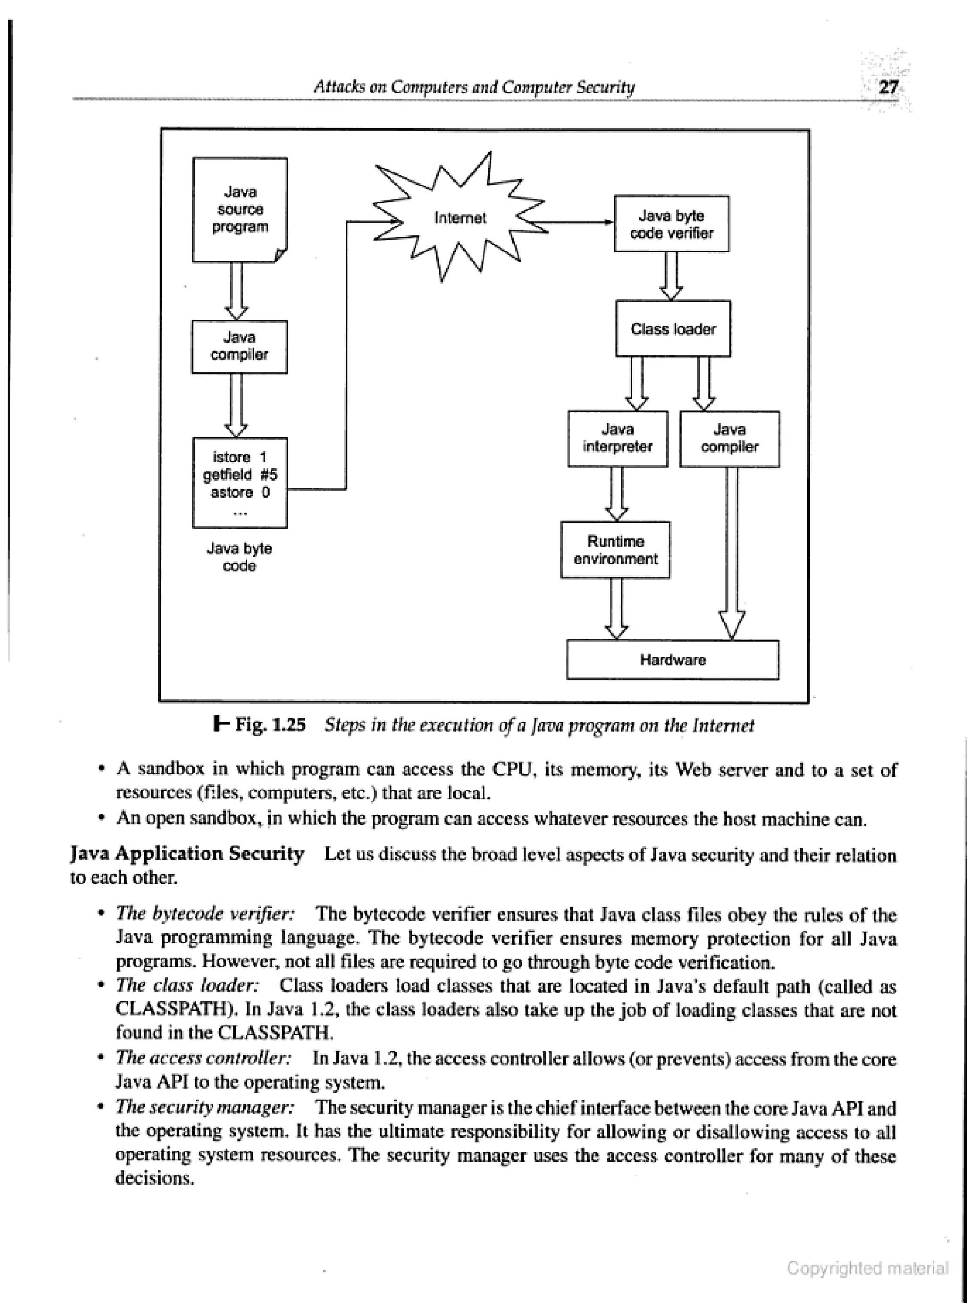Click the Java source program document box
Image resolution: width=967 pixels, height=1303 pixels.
[239, 209]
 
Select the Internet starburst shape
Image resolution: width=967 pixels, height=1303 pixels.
[459, 218]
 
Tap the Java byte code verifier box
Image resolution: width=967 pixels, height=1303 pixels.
[671, 224]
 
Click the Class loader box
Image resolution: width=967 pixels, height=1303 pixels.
[673, 328]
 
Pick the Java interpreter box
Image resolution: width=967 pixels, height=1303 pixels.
[618, 438]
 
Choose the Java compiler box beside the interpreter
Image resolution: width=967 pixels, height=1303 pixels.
[729, 438]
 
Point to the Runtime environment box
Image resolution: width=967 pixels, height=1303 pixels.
[615, 549]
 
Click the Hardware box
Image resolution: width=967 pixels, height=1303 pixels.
[672, 659]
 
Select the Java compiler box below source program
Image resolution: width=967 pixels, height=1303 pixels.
[239, 346]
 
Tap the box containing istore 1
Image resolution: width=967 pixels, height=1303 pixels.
[239, 482]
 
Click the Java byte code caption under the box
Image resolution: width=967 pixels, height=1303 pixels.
[239, 556]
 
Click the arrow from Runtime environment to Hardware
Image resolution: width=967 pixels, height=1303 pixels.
[616, 608]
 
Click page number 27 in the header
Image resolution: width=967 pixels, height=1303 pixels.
[887, 87]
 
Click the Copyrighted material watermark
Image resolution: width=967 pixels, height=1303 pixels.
[867, 1268]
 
